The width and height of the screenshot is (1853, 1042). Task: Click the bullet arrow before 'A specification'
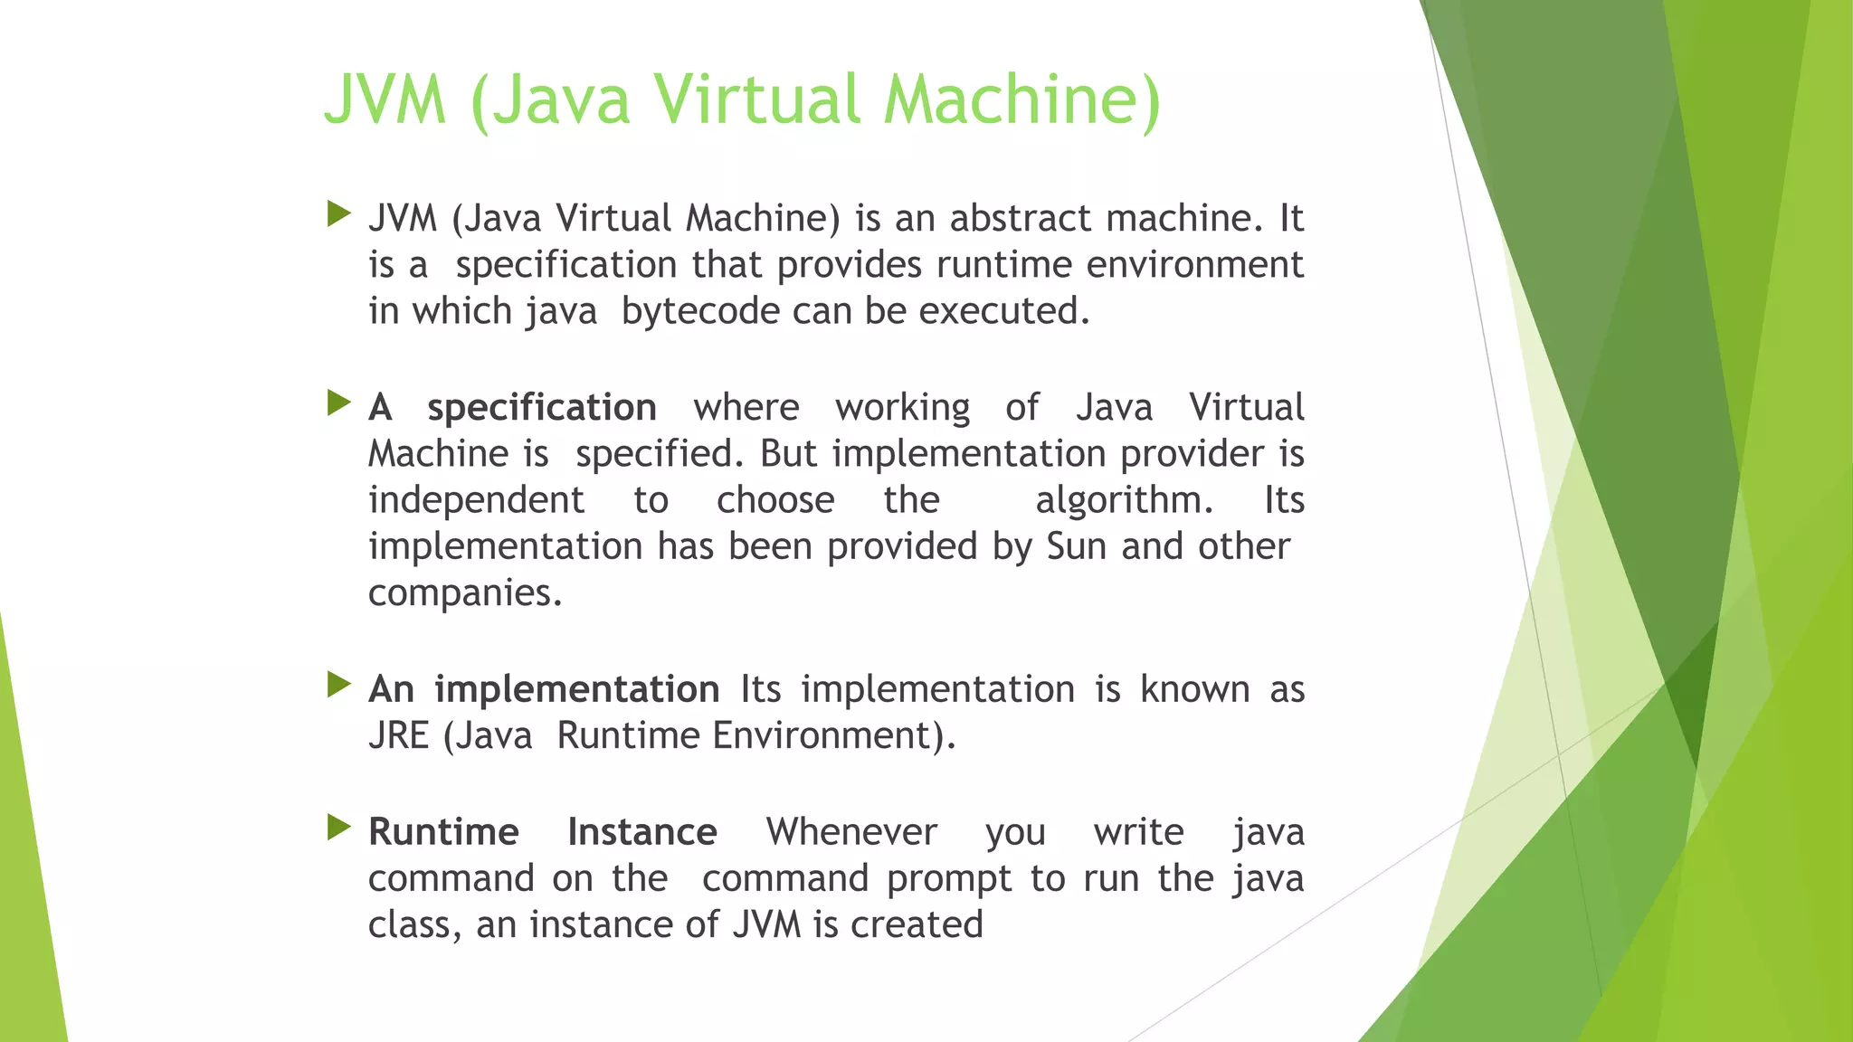click(x=338, y=403)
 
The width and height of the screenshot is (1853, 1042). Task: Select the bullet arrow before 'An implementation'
click(x=338, y=685)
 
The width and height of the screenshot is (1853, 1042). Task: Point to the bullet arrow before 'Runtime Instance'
click(x=338, y=827)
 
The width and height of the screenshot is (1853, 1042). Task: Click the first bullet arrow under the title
click(x=338, y=214)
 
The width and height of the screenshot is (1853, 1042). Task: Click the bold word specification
click(x=541, y=407)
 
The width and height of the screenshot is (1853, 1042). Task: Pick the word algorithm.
click(x=1123, y=499)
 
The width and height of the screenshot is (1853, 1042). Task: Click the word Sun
click(x=1076, y=546)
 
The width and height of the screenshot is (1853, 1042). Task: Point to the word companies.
click(x=464, y=593)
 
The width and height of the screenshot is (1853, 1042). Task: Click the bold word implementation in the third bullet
click(x=576, y=690)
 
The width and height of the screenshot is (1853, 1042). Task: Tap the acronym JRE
click(x=398, y=735)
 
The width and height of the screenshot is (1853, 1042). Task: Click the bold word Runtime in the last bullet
click(x=443, y=832)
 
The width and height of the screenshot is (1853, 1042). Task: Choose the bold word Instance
click(x=641, y=832)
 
